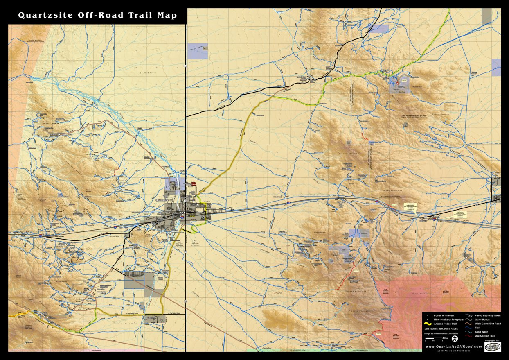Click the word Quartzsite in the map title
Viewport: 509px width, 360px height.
pyautogui.click(x=46, y=16)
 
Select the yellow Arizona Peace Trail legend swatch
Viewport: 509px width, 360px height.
pyautogui.click(x=428, y=324)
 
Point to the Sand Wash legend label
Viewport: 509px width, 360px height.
pyautogui.click(x=482, y=332)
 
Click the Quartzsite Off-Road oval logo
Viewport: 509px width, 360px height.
pyautogui.click(x=493, y=346)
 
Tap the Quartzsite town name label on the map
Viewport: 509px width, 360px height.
pyautogui.click(x=163, y=200)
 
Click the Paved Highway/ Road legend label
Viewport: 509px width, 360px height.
pyautogui.click(x=487, y=316)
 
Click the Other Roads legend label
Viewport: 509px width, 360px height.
pyautogui.click(x=483, y=320)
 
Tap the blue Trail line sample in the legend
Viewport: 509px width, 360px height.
pyautogui.click(x=469, y=328)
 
